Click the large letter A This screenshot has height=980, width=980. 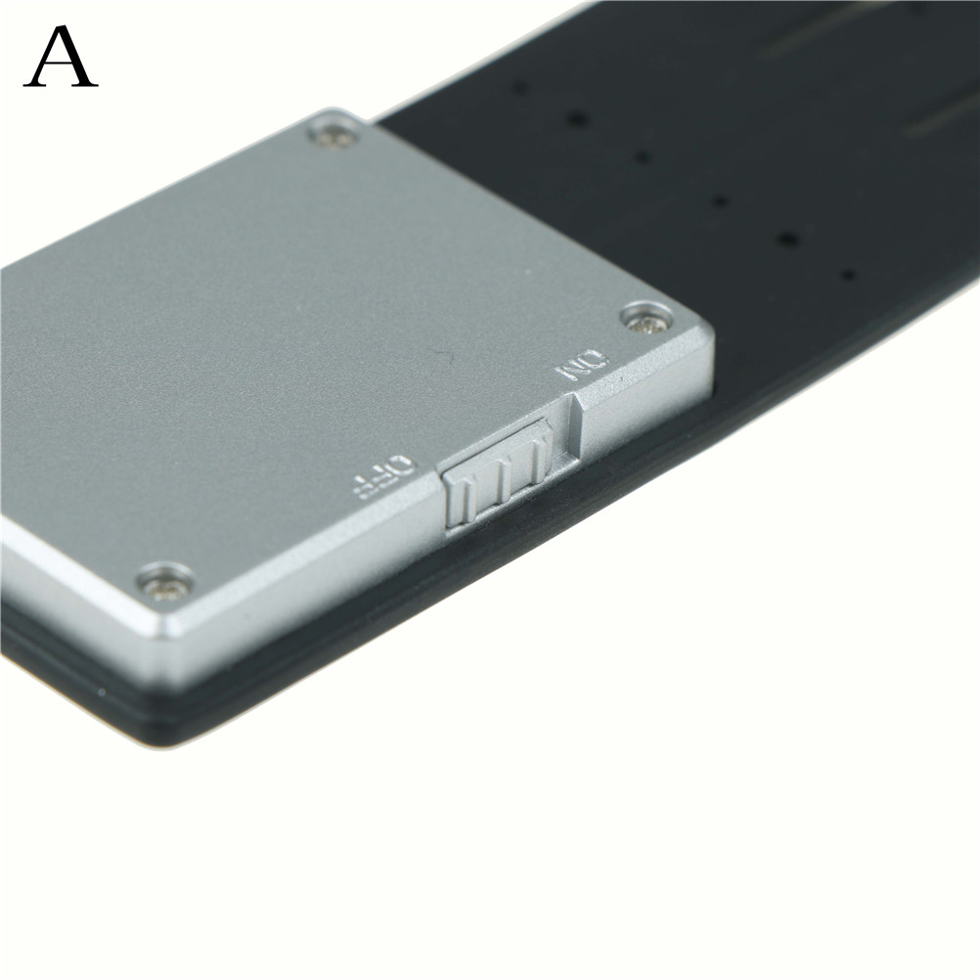click(x=61, y=57)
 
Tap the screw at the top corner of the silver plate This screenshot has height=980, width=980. click(x=335, y=136)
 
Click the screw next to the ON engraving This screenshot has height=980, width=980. click(x=646, y=318)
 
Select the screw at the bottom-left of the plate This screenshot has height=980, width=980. click(x=165, y=583)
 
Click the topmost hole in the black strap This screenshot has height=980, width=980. click(x=518, y=86)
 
